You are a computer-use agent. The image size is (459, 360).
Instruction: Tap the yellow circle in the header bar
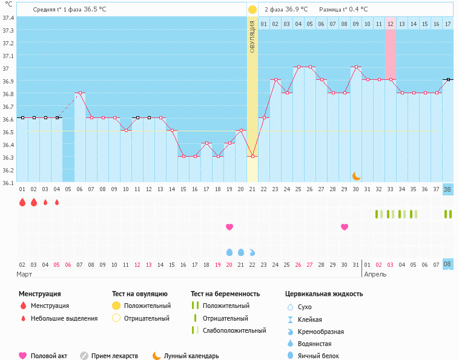252,10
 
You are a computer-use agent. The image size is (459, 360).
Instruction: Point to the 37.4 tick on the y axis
8,18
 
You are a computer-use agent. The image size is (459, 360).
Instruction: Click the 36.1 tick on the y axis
8,182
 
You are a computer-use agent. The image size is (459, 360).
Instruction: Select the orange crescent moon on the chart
357,175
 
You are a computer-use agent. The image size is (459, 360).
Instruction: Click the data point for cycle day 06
80,93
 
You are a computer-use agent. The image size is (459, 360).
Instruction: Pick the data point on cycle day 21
253,156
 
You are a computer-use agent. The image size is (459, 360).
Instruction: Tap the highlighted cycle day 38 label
447,189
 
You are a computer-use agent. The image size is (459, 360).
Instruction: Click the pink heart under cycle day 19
230,227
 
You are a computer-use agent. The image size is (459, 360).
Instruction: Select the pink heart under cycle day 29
345,227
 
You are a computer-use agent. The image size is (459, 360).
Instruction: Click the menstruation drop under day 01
22,203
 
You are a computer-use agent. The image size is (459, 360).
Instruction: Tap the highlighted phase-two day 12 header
390,24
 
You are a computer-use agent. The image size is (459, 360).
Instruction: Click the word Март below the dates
25,274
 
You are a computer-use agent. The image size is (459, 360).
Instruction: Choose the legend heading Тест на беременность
225,293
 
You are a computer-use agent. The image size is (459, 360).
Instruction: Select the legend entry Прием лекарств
114,356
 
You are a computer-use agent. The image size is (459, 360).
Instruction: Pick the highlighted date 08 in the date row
447,264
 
